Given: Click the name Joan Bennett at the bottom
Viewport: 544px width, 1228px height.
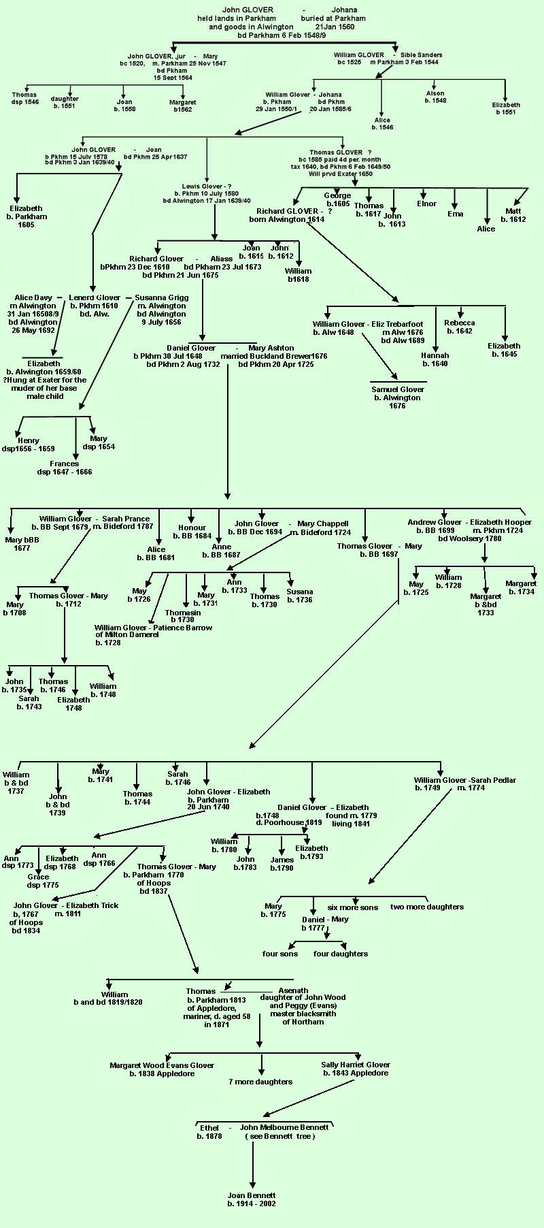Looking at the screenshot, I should coord(252,1195).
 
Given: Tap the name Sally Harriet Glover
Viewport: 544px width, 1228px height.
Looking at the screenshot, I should coord(356,1065).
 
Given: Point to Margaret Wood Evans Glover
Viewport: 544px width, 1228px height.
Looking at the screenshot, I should coord(162,1065).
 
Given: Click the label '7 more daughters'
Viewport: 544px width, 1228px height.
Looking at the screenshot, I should coord(260,1082).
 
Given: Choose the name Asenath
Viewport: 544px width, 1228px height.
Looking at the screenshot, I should coord(293,990).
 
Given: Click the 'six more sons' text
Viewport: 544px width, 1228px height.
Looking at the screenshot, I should coord(352,907).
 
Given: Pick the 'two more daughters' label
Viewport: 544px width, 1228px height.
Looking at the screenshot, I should coord(427,907).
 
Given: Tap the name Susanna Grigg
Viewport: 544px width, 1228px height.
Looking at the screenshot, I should coord(162,297).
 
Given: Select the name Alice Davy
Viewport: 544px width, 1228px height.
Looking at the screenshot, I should coord(33,297).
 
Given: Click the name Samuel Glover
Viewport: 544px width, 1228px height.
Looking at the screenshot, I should coord(398,389).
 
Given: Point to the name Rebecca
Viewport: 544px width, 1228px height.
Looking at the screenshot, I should coord(460,323).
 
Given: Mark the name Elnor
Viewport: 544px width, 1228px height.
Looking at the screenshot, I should coord(426,204).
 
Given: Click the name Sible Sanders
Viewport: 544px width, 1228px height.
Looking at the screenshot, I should coord(421,55).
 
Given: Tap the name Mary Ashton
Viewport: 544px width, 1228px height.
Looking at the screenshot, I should coord(271,348).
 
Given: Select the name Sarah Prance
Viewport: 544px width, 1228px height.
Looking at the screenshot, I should coord(126,519).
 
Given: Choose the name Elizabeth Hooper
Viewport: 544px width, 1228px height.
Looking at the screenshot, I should coord(500,522).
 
